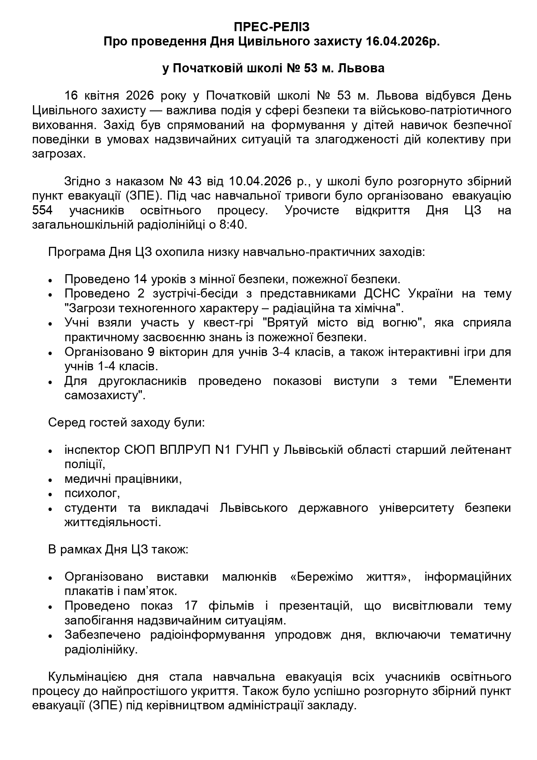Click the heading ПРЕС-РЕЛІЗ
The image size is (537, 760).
point(272,27)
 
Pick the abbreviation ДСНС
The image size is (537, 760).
point(380,294)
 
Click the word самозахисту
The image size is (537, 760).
point(103,395)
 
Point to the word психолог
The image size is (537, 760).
point(91,493)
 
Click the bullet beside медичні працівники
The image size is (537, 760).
point(51,480)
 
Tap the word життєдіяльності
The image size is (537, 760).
point(112,522)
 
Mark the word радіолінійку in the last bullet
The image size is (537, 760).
point(100,650)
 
